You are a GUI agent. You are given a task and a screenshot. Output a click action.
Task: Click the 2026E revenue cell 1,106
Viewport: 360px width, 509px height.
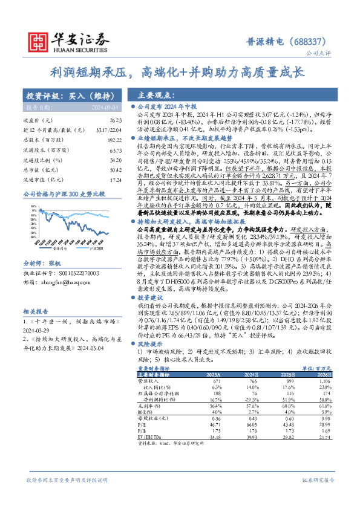coord(326,382)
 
